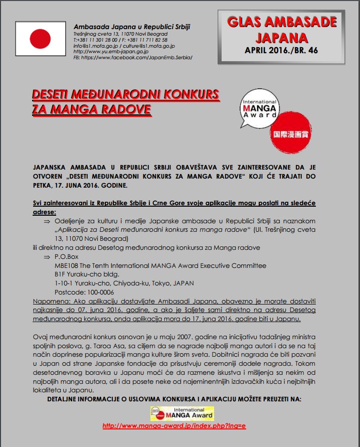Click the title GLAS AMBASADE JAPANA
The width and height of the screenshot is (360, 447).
coord(281,30)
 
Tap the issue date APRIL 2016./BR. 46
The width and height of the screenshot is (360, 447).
coord(281,50)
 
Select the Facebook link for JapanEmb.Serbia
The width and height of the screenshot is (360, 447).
coord(133,58)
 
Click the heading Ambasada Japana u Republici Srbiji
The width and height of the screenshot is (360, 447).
coord(132,27)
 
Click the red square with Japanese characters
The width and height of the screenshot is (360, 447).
coord(289,129)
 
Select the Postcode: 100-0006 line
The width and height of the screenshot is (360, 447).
coord(84,292)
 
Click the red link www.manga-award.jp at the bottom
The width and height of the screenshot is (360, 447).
coord(174,426)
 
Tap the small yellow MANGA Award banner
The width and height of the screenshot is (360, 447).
coord(182,413)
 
